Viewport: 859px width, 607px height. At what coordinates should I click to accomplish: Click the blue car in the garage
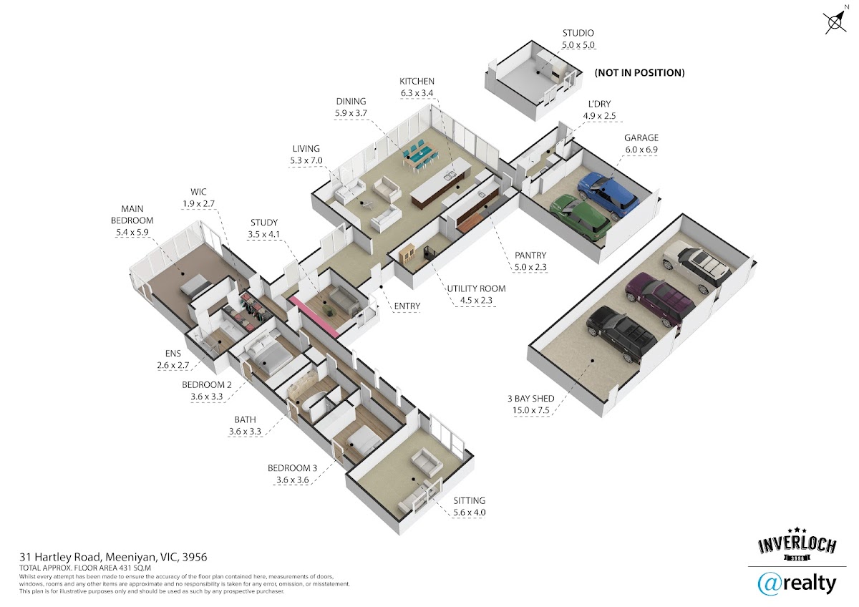pyautogui.click(x=608, y=195)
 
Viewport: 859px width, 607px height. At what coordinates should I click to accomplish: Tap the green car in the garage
pyautogui.click(x=581, y=217)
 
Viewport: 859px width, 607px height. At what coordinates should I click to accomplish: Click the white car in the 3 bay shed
pyautogui.click(x=697, y=266)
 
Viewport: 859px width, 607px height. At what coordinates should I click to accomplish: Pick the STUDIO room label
pyautogui.click(x=578, y=33)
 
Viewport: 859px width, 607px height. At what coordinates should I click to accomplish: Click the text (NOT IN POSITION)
pyautogui.click(x=639, y=72)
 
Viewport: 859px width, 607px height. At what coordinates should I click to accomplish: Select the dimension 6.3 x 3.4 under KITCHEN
pyautogui.click(x=417, y=93)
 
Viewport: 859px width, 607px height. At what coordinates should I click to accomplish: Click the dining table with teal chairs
pyautogui.click(x=420, y=157)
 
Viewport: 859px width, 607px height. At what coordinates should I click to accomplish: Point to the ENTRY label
pyautogui.click(x=407, y=306)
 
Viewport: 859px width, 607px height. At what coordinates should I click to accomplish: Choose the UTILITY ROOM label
pyautogui.click(x=476, y=288)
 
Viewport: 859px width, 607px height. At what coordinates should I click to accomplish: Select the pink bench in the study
pyautogui.click(x=314, y=316)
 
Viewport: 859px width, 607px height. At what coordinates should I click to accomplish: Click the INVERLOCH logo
pyautogui.click(x=797, y=544)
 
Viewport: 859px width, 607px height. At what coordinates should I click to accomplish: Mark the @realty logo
pyautogui.click(x=797, y=584)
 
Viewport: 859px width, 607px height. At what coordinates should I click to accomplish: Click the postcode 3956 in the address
pyautogui.click(x=195, y=557)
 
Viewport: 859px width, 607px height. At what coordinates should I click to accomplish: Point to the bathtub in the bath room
pyautogui.click(x=314, y=402)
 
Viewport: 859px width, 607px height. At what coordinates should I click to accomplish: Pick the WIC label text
pyautogui.click(x=198, y=192)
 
